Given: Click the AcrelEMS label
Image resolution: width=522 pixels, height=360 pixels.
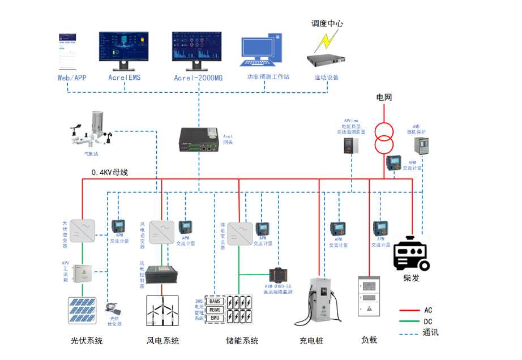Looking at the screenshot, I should (124, 78).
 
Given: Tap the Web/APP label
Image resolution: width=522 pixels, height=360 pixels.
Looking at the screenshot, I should (72, 78).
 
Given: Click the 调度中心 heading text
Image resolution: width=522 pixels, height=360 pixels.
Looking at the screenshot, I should (327, 24).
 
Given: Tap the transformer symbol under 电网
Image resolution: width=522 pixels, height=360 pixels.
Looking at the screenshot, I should (383, 138).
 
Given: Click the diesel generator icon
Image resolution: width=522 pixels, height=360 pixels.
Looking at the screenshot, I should (412, 254).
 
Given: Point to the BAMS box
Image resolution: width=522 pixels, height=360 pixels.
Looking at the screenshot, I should (215, 301).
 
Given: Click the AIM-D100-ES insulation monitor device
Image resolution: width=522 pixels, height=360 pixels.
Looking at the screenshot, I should (279, 276).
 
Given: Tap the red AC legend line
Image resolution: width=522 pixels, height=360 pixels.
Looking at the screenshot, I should (412, 310).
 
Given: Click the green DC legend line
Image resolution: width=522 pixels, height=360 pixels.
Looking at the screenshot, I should (412, 322).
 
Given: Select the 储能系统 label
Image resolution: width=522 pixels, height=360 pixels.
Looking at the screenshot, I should (242, 341).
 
